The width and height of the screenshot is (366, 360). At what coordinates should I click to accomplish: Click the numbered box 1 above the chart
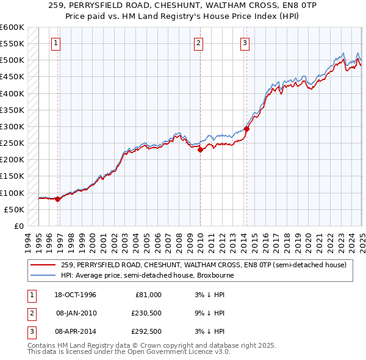coord(56,43)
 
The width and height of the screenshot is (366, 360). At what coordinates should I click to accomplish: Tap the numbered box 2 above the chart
coord(199,43)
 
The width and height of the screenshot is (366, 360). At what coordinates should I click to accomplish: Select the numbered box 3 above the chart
coord(244,43)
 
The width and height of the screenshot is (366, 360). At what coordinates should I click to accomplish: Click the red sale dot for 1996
coord(57,199)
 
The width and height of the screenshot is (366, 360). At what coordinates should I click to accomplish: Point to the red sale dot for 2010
coord(200,149)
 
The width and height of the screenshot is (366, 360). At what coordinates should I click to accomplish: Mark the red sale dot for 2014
coord(246,129)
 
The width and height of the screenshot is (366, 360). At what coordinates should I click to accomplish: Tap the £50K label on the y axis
coord(13,209)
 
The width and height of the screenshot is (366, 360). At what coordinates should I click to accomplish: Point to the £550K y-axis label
coord(12,44)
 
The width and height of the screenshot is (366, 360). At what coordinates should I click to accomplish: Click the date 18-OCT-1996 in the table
coord(76,295)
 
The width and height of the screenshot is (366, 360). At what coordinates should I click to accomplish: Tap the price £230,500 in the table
coord(147,313)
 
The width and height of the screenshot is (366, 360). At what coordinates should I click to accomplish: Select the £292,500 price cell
coord(147,331)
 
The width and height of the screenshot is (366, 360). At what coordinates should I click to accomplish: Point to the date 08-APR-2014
coord(76,331)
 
